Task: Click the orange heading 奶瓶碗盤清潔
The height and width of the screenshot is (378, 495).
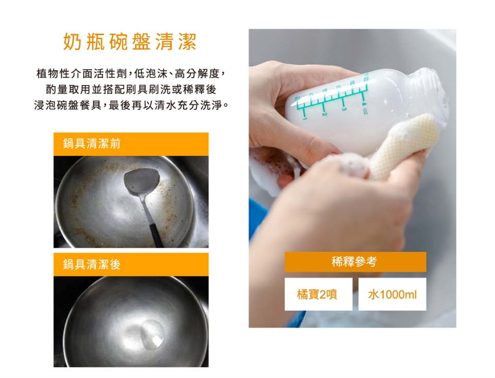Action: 130,42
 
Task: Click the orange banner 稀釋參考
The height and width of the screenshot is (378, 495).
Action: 355,262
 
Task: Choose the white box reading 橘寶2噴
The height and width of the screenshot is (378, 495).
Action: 318,294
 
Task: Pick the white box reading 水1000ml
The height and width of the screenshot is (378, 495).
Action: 392,294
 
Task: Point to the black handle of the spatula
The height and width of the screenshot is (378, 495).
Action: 157,235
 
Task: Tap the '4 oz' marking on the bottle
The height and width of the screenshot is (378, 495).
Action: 364,108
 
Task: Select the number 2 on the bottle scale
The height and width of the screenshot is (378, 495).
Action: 323,113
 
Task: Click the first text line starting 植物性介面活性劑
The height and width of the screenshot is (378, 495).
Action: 130,74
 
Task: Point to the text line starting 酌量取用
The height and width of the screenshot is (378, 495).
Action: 130,90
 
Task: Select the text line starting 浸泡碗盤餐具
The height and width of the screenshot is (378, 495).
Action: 130,106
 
